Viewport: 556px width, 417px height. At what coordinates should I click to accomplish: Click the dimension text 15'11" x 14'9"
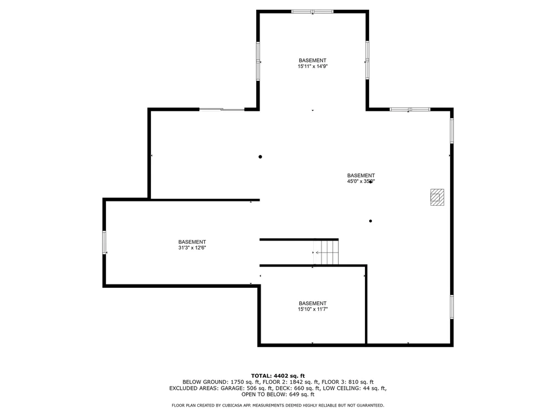pos(312,66)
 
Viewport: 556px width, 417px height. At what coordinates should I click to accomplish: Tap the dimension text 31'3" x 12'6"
pos(192,248)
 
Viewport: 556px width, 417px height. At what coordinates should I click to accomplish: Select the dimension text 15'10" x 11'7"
pos(312,309)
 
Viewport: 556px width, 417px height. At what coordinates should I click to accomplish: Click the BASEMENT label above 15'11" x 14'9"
pos(312,60)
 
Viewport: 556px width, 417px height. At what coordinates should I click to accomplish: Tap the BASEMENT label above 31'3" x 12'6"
pos(192,242)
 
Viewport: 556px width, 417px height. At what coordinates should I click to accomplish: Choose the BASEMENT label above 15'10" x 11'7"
pos(312,304)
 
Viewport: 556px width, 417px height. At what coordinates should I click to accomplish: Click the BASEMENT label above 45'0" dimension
pos(361,175)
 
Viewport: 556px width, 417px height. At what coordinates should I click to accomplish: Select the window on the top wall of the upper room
pos(312,11)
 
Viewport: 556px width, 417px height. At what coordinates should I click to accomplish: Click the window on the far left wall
pos(104,242)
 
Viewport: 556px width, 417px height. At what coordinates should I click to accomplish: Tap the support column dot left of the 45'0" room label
pos(260,157)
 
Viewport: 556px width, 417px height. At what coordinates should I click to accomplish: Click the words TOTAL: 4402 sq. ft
pos(278,376)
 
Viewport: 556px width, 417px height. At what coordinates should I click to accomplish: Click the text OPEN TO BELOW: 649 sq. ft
pos(278,395)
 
